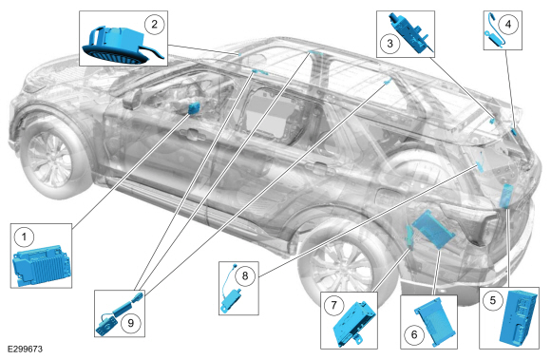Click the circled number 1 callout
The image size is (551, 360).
click(x=24, y=237)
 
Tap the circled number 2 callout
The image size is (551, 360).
click(x=154, y=25)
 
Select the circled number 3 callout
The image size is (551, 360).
click(x=389, y=44)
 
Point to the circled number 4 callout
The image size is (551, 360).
click(x=508, y=25)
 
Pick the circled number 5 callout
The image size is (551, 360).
click(x=493, y=301)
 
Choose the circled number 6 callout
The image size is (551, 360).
click(x=414, y=334)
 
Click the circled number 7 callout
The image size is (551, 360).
click(x=333, y=305)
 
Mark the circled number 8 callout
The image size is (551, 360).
click(x=244, y=275)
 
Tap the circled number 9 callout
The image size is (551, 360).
click(x=131, y=323)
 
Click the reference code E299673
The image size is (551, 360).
click(x=25, y=350)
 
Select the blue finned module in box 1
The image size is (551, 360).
click(x=42, y=265)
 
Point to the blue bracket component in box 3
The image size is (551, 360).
click(x=411, y=33)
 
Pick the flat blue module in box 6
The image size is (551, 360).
click(x=435, y=322)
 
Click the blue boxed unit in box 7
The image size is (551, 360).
click(x=353, y=324)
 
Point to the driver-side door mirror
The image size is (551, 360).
click(x=133, y=99)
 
